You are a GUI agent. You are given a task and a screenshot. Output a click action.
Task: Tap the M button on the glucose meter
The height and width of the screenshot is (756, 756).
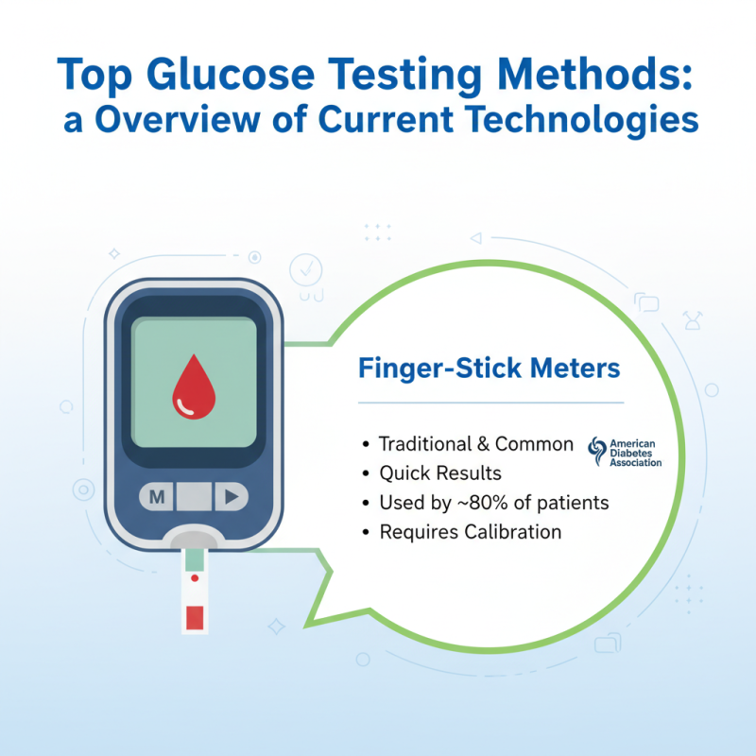click(x=157, y=496)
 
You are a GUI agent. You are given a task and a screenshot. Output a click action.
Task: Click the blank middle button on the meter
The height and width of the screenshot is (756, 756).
click(x=194, y=496)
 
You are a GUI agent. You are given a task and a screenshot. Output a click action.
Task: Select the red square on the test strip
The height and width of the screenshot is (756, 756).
click(x=195, y=618)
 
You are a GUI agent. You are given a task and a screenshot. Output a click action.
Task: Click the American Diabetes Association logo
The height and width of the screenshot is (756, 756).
click(x=625, y=452)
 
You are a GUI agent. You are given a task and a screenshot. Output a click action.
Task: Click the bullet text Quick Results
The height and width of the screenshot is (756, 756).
click(x=440, y=472)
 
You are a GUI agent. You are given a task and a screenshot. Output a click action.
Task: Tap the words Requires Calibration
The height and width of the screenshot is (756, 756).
click(x=471, y=532)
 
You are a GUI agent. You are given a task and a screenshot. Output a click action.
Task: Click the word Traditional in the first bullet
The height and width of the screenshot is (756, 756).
click(x=421, y=443)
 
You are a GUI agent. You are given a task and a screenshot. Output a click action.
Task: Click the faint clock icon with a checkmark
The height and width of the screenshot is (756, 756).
click(x=305, y=269)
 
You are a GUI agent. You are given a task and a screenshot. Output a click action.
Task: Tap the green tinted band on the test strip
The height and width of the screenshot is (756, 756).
click(x=194, y=560)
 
